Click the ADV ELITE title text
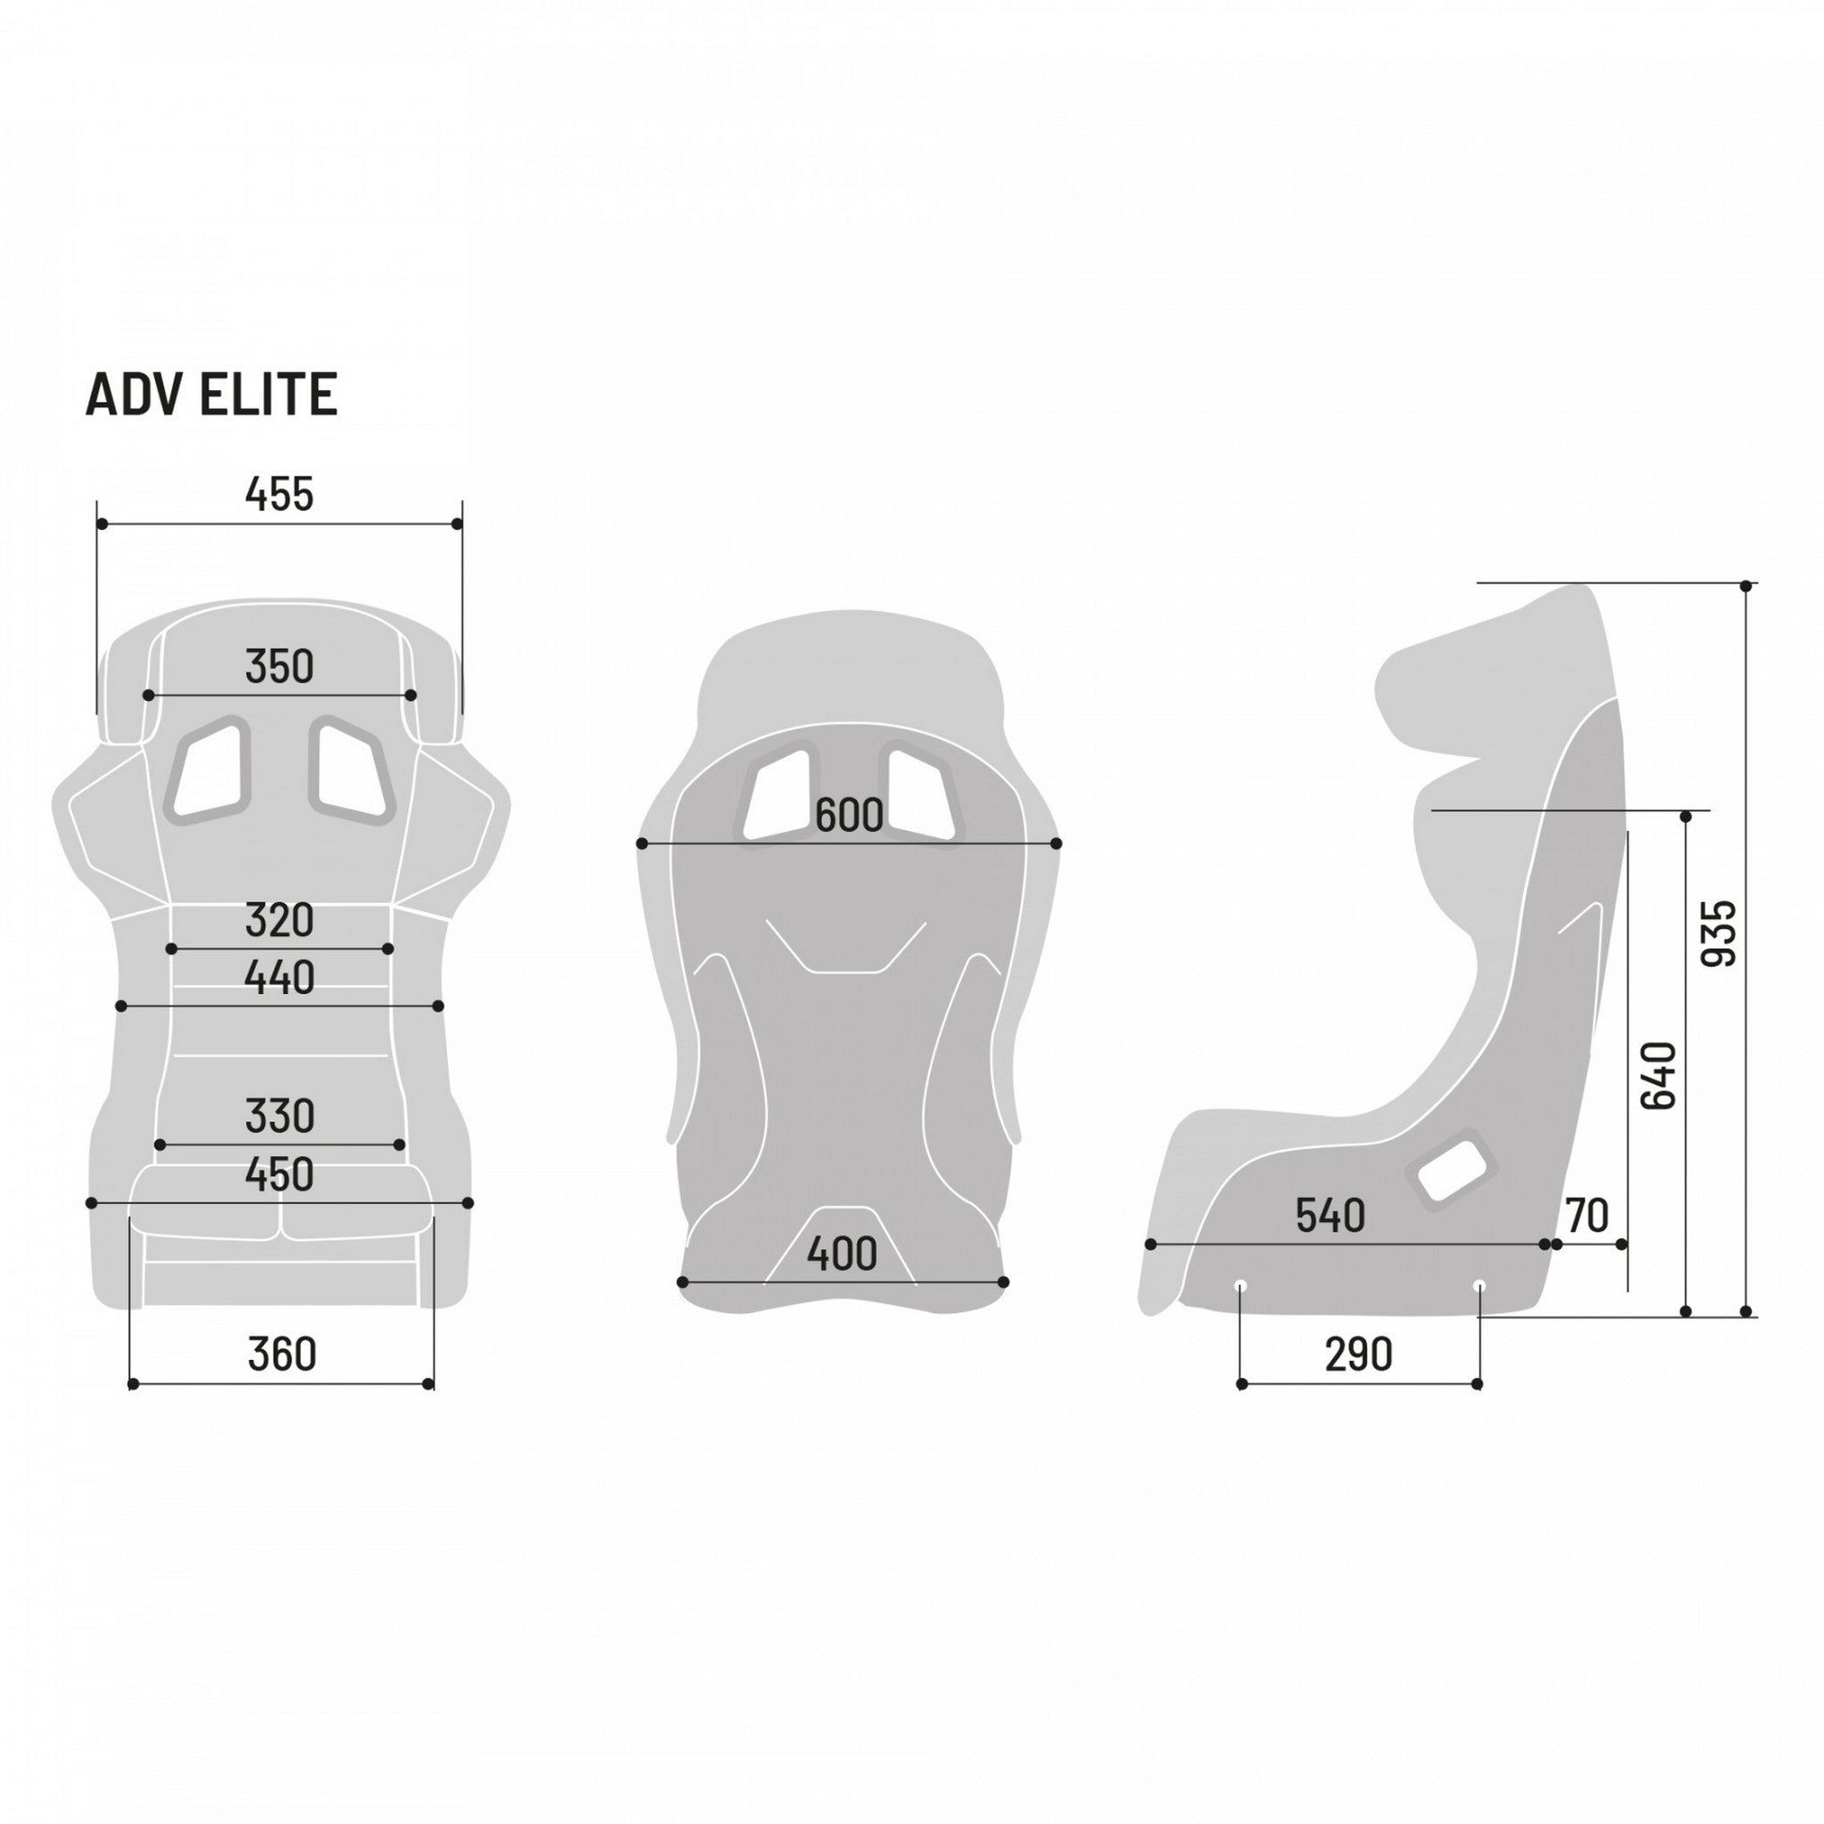tap(211, 395)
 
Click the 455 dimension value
tap(279, 494)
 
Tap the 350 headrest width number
tap(279, 667)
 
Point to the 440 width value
tap(279, 979)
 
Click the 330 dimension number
tap(279, 1117)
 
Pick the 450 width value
tap(279, 1176)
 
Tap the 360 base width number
tap(281, 1355)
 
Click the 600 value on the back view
tap(849, 817)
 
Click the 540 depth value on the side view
tap(1331, 1217)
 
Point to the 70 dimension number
tap(1586, 1217)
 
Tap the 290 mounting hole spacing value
tap(1358, 1356)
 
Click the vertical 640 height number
tap(1658, 1076)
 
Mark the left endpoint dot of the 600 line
tap(642, 843)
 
